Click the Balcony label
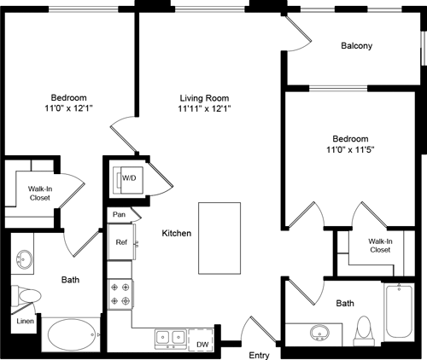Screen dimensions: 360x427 click(x=356, y=46)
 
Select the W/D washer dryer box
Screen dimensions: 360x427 click(x=129, y=179)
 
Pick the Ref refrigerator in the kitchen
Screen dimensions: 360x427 click(x=121, y=242)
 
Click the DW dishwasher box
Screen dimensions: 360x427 click(x=202, y=344)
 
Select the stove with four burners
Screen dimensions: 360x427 click(x=119, y=294)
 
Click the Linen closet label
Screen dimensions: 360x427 click(x=25, y=322)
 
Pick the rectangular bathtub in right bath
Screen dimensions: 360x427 click(x=400, y=313)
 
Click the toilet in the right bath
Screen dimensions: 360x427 click(x=363, y=328)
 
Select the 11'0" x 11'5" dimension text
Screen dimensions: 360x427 click(x=350, y=150)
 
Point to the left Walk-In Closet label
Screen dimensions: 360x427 click(x=38, y=193)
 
